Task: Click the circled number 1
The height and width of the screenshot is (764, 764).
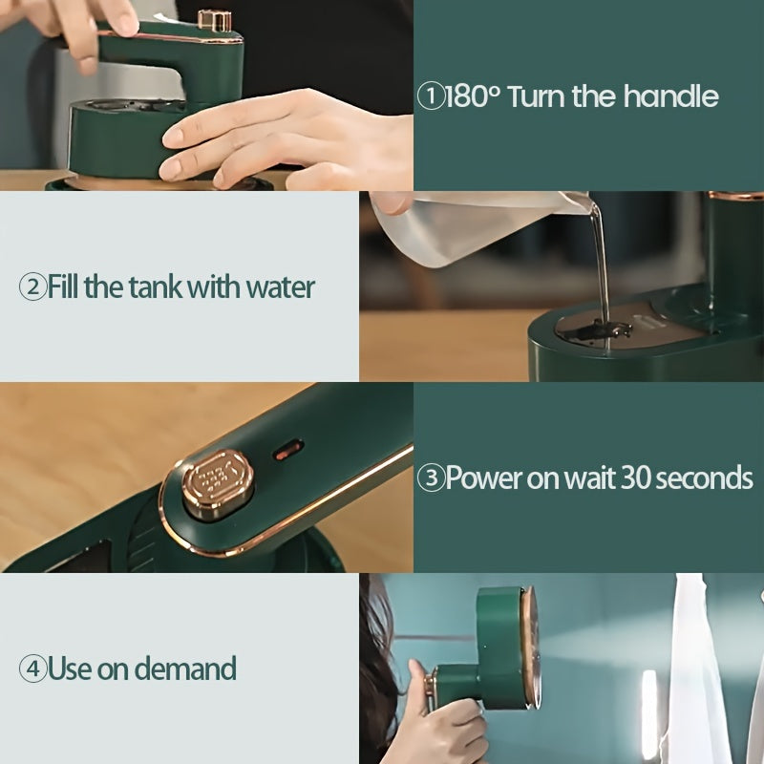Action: point(431,96)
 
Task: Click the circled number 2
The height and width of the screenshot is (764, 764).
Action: point(32,286)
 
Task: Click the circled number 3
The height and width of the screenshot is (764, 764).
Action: point(432,478)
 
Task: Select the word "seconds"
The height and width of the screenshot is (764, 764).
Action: point(707,478)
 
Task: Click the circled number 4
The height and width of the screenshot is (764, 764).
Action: point(32,668)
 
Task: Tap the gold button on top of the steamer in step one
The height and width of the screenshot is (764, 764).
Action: point(215,19)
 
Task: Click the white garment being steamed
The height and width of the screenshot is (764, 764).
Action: point(702,668)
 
